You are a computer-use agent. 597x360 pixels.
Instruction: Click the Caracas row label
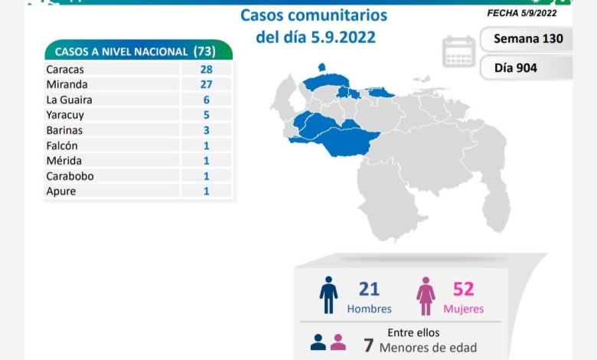pos(65,69)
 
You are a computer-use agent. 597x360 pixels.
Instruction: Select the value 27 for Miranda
pos(207,84)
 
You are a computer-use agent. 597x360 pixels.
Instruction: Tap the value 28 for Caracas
pos(207,69)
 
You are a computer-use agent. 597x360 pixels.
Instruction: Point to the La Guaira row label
pos(67,100)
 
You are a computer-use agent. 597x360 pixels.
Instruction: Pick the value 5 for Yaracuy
pos(207,115)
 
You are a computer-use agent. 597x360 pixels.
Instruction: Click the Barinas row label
pos(64,130)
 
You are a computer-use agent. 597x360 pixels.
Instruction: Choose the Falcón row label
pos(62,146)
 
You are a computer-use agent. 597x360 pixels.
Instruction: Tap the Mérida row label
pos(64,161)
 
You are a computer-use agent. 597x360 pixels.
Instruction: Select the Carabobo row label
pos(67,176)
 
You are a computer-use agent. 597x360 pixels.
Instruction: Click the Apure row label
pos(61,191)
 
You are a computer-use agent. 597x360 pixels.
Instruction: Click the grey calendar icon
pos(458,51)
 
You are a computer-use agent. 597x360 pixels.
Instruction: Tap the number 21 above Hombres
pos(369,289)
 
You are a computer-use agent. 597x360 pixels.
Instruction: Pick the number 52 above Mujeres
pos(463,289)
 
